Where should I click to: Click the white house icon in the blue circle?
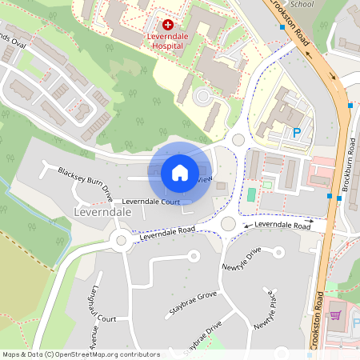point(180,172)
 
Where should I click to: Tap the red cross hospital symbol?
point(167,26)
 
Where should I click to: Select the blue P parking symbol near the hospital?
point(297,134)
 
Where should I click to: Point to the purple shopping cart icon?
point(335,314)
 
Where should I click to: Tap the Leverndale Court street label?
point(150,202)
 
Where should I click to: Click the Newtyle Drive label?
point(242,261)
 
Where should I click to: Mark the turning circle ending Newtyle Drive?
point(192,256)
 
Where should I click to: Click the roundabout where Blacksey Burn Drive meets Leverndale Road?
point(122,239)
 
